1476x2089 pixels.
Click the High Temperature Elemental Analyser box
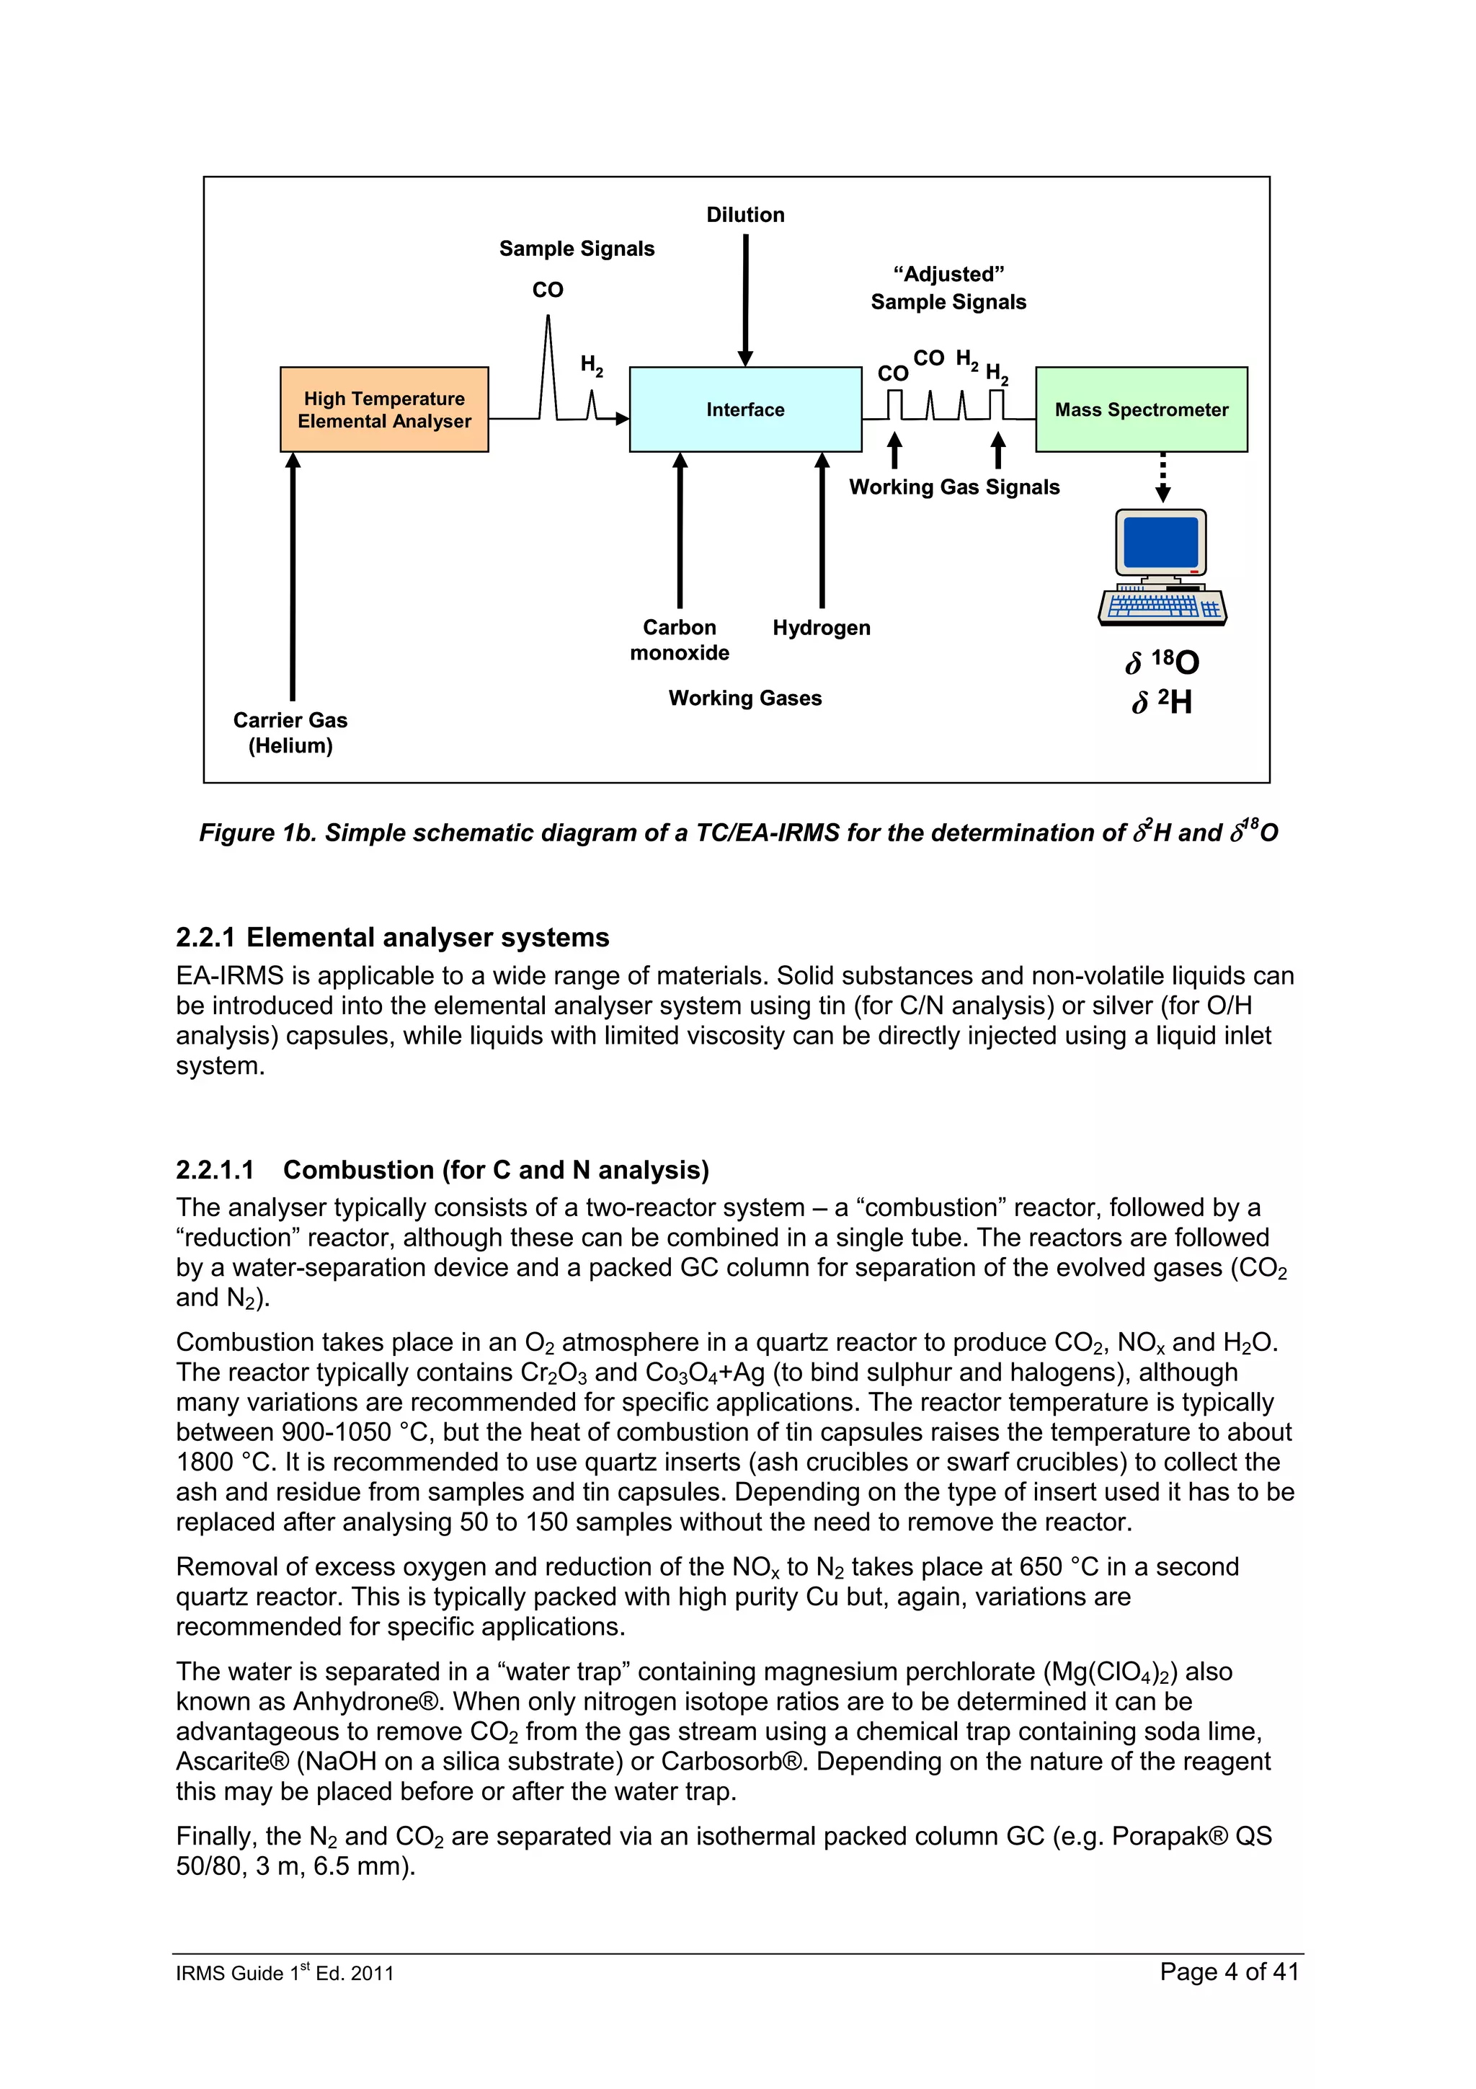coord(384,409)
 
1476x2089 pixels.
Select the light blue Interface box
coord(744,409)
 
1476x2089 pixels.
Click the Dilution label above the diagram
coord(744,215)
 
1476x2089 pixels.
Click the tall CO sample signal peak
coord(548,364)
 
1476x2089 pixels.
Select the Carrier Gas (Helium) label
coord(290,732)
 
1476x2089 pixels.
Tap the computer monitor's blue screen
coord(1160,542)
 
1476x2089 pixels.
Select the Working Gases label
coord(744,698)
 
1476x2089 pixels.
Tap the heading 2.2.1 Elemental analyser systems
coord(392,937)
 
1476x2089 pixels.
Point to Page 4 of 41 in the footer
coord(1229,1972)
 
